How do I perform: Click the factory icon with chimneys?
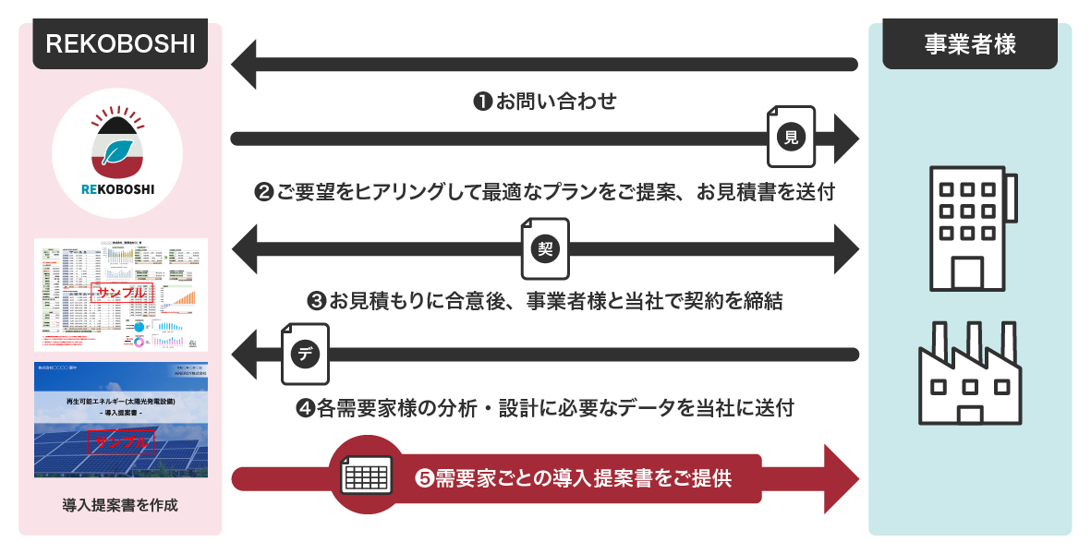[969, 373]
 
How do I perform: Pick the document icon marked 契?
[545, 248]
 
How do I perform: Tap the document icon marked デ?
[305, 354]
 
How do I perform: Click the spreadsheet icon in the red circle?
[367, 476]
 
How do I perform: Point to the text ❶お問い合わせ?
[545, 102]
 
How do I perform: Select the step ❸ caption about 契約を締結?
[545, 301]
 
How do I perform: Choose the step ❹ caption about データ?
[545, 408]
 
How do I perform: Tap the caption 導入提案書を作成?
[120, 505]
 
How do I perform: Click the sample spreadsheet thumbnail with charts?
[121, 295]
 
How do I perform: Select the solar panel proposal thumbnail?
[121, 420]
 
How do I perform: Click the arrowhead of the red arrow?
[840, 478]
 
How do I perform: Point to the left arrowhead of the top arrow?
[245, 65]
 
